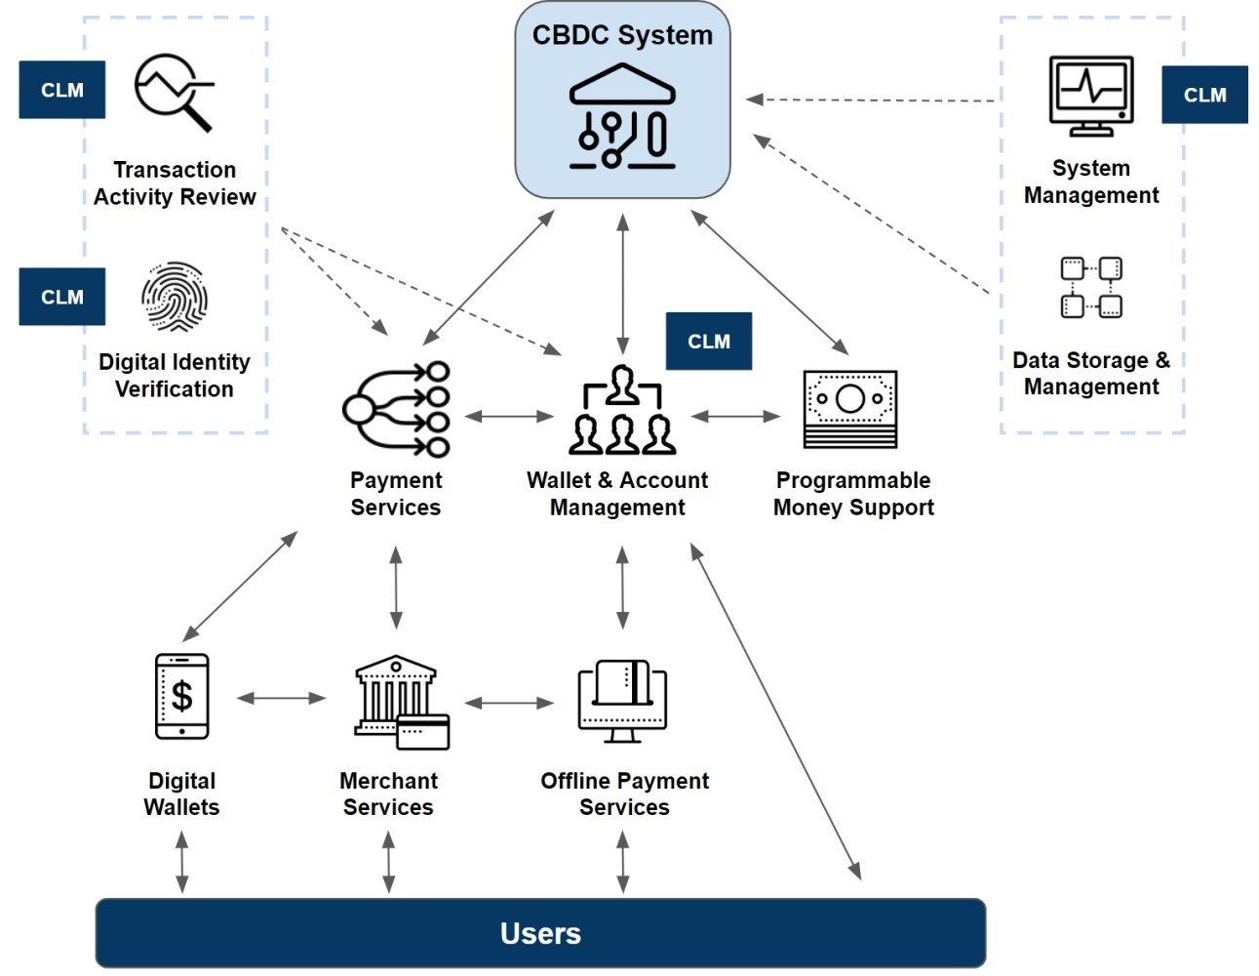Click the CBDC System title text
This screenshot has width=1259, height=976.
tap(622, 35)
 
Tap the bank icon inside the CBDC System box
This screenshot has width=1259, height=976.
tap(622, 116)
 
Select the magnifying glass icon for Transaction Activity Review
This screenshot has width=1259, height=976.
tap(174, 92)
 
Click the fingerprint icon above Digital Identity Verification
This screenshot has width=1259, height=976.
tap(175, 297)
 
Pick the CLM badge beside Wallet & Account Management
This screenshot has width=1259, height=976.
tap(709, 342)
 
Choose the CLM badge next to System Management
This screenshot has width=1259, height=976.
tap(1204, 95)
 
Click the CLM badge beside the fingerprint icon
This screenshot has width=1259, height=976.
tap(62, 297)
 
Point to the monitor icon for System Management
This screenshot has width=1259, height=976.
tap(1091, 96)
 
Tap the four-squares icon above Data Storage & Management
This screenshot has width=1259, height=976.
tap(1091, 287)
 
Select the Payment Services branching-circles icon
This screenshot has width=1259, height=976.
tap(396, 409)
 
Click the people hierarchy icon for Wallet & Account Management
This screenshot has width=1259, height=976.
tap(622, 411)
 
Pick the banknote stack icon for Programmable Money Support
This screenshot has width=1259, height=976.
tap(850, 409)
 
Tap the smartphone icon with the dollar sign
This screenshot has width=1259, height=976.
tap(182, 697)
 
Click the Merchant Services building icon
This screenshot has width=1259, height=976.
tap(401, 702)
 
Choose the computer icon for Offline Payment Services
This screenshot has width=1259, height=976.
tap(622, 702)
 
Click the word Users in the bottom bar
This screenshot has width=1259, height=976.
tap(540, 934)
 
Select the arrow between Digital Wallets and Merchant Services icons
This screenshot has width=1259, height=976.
tap(281, 698)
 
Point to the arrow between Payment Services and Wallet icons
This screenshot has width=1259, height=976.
tap(509, 417)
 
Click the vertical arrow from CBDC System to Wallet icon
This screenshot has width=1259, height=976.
tap(622, 283)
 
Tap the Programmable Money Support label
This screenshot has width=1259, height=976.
tap(853, 494)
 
